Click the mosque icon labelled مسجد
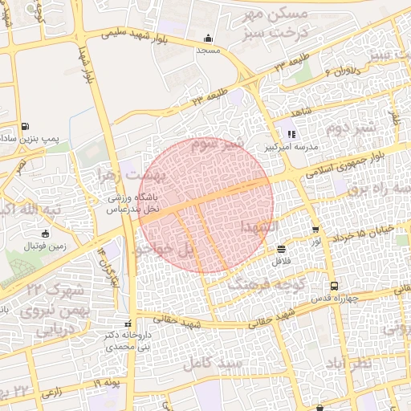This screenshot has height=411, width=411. click(209, 38)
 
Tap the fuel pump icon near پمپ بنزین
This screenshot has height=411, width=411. click(26, 127)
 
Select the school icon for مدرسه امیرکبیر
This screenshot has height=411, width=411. click(291, 135)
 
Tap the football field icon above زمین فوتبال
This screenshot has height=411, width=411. click(44, 234)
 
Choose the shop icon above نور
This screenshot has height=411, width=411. click(315, 229)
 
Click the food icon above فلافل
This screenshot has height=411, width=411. click(280, 249)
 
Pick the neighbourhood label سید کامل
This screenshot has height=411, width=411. click(212, 363)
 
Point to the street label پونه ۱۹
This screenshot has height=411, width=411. click(106, 385)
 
